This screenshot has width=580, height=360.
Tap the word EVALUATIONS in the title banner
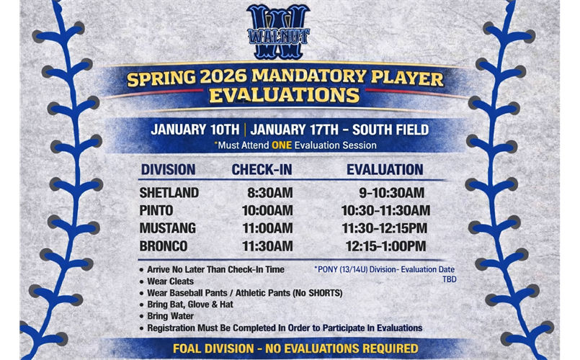[284, 96]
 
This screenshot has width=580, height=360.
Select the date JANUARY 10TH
[195, 130]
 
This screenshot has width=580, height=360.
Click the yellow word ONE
[282, 145]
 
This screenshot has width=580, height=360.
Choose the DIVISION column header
[168, 170]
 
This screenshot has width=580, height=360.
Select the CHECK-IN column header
[262, 170]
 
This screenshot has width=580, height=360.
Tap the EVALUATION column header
[385, 170]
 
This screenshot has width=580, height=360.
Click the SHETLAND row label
[169, 193]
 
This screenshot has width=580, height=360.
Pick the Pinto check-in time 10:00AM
[267, 210]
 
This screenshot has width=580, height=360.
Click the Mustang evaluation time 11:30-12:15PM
[385, 228]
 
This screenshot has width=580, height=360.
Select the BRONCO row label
[164, 246]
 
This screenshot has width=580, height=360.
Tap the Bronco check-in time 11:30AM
[267, 246]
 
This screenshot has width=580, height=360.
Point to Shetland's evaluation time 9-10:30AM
[391, 193]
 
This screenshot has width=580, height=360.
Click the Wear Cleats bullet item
[170, 281]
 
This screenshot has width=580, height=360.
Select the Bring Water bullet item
[171, 316]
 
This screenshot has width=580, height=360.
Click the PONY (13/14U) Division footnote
[384, 269]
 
